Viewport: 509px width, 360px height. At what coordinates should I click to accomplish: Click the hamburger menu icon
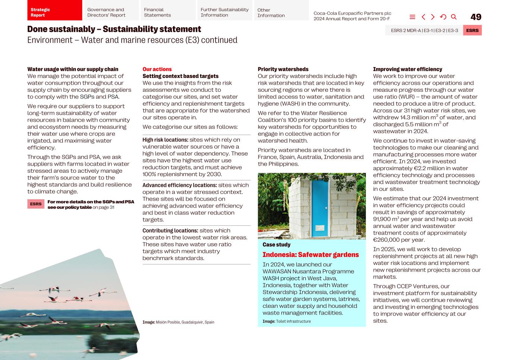[x=412, y=17]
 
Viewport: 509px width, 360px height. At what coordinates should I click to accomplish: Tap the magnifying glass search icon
[x=454, y=17]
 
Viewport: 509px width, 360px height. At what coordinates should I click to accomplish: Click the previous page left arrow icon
[x=423, y=17]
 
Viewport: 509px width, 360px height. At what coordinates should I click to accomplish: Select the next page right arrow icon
[x=433, y=17]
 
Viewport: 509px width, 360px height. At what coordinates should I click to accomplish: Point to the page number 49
[x=476, y=17]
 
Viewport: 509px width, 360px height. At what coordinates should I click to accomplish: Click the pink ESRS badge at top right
[x=472, y=31]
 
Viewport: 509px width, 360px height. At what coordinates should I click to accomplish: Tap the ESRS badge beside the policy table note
[x=36, y=204]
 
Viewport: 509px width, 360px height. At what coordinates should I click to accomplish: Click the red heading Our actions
[x=157, y=69]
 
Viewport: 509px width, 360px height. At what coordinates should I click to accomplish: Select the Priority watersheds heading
[x=283, y=69]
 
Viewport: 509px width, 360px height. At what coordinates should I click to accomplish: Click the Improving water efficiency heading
[x=408, y=69]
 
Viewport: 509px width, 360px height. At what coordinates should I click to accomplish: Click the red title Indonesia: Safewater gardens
[x=311, y=255]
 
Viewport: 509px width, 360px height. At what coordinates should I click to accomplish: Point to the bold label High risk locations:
[x=165, y=140]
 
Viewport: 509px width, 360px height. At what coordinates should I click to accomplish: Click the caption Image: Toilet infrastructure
[x=286, y=321]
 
